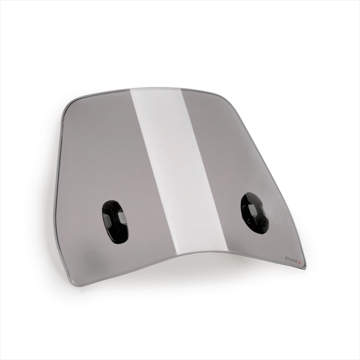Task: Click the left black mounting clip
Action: [115, 222]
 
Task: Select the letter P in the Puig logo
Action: [286, 258]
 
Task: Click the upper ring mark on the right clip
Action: [244, 207]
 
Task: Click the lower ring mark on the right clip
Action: [250, 220]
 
